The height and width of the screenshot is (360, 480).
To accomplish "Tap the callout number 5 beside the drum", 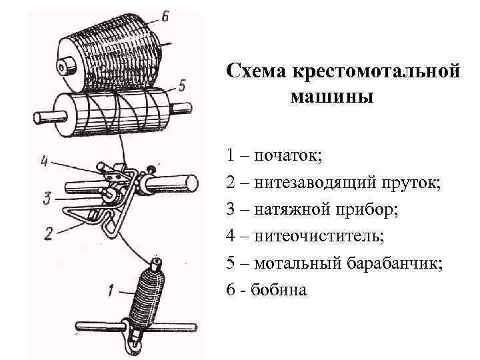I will pos(182,85).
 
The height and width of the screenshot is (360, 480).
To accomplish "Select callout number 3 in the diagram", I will pos(45,198).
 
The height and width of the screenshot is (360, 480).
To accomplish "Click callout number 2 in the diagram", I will pos(48,233).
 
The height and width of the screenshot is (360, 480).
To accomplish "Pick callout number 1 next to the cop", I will pos(111,290).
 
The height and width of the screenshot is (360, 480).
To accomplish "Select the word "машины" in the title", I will pos(332,97).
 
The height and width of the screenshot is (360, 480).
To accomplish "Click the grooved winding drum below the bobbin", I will pos(113,113).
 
